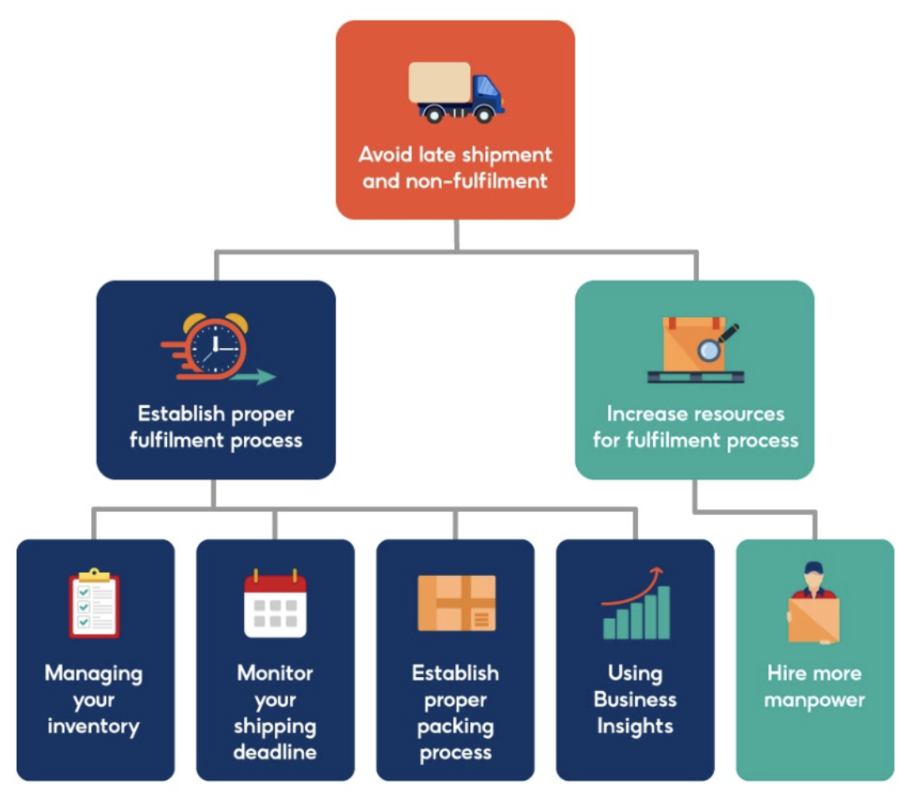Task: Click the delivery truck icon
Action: coord(456,92)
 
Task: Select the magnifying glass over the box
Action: coord(712,347)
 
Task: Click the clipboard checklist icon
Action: coord(94,603)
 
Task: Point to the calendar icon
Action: coord(275,604)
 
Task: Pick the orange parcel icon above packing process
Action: coord(456,603)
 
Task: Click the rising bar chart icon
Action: coord(636,604)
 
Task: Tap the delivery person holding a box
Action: coord(813,603)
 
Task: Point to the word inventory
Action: coord(94,726)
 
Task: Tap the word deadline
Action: coord(275,752)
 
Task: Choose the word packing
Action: coord(456,726)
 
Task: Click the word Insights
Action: coord(635,726)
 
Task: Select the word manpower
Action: coord(814,700)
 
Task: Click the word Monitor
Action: coord(275,673)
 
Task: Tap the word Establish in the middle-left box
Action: coord(175,414)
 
